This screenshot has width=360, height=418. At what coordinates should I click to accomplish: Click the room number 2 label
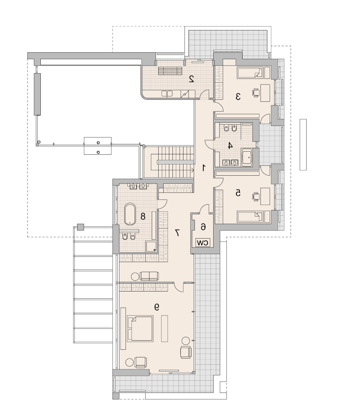[x=191, y=79]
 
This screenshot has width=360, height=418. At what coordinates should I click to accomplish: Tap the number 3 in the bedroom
[x=238, y=96]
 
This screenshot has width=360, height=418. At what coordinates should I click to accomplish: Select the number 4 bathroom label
[x=230, y=146]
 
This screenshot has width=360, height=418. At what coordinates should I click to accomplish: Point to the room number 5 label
[x=238, y=192]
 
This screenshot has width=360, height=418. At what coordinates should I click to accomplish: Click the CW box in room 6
[x=202, y=243]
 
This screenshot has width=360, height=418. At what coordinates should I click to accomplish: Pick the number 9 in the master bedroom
[x=157, y=307]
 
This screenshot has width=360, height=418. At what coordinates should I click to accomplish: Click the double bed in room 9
[x=140, y=328]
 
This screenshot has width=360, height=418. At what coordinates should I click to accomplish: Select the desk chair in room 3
[x=256, y=93]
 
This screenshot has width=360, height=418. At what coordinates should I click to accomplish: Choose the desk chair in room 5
[x=256, y=197]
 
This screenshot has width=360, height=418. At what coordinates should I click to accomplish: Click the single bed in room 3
[x=250, y=72]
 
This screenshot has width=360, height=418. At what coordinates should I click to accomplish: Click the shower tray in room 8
[x=151, y=246]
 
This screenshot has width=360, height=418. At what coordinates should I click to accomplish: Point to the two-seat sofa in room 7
[x=149, y=276]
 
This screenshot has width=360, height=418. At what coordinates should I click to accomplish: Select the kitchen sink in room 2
[x=167, y=94]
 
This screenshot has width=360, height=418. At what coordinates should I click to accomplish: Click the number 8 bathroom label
[x=143, y=216]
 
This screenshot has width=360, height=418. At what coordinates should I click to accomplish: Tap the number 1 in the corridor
[x=204, y=168]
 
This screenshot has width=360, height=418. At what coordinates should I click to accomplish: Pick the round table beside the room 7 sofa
[x=135, y=277]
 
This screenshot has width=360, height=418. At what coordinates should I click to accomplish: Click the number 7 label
[x=177, y=233]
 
